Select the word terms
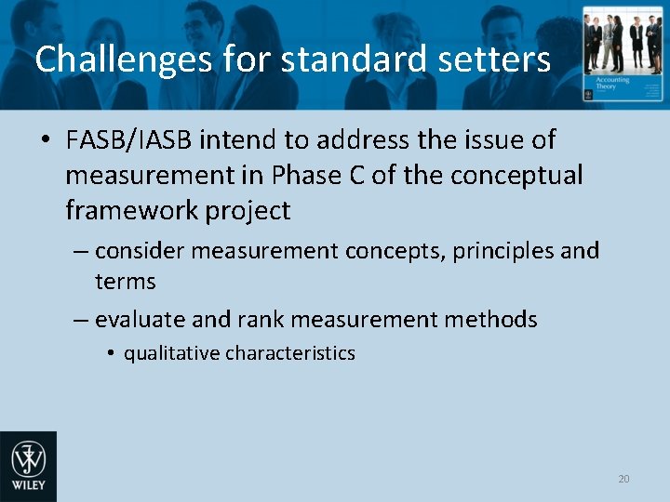(125, 282)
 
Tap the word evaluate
(140, 320)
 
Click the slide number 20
(623, 479)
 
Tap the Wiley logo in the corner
(28, 466)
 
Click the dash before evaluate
(81, 321)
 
